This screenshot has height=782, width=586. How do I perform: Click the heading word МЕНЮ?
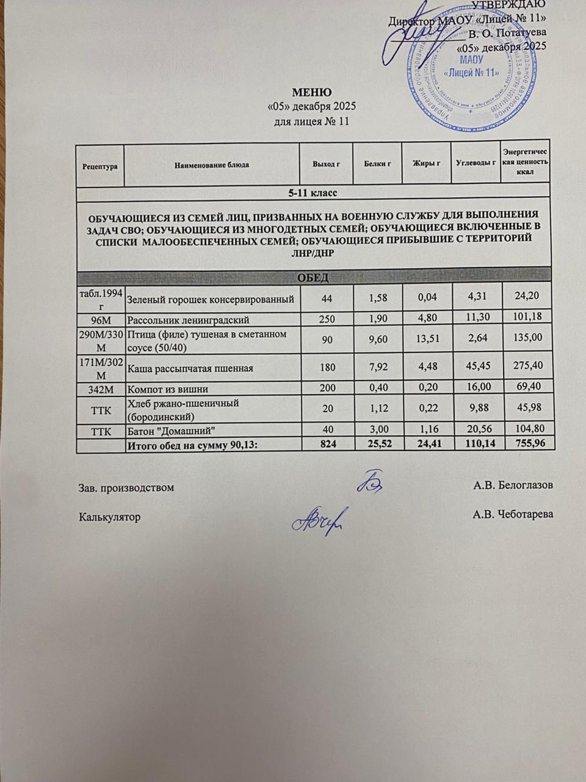click(x=312, y=93)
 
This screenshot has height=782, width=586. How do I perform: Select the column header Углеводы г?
click(x=476, y=163)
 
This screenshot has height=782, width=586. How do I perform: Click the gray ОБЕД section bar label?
click(x=313, y=278)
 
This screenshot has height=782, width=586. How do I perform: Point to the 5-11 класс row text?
click(x=313, y=193)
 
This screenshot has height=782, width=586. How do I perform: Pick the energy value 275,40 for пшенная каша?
click(x=528, y=368)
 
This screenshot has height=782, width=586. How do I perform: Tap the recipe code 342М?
click(x=100, y=389)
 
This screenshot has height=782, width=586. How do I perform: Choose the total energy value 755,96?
click(x=529, y=444)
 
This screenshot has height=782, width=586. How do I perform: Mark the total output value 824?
click(x=327, y=444)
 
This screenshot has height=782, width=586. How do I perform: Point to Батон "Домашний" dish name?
click(x=172, y=430)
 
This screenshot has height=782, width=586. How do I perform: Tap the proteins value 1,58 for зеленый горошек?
click(x=378, y=299)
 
